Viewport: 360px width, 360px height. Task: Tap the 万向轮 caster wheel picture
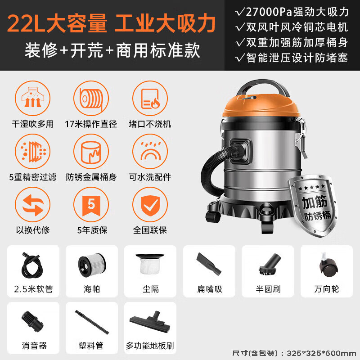click(x=326, y=265)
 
